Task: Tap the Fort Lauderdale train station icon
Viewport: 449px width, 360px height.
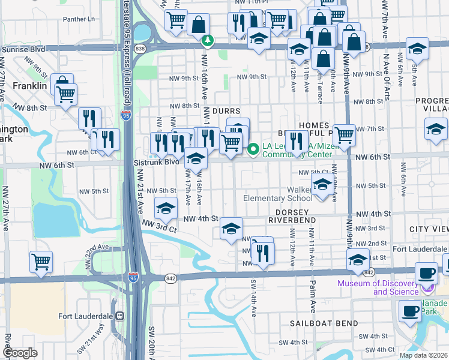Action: point(120,316)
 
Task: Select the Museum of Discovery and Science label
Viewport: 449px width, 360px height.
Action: point(378,287)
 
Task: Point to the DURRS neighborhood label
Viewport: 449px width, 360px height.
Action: point(221,112)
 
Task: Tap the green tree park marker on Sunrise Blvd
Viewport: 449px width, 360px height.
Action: point(208,41)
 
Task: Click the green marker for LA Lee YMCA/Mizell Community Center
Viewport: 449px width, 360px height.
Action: point(253,148)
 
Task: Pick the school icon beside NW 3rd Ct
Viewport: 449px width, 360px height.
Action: point(166,208)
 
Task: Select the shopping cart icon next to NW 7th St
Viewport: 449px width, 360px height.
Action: point(344,134)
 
